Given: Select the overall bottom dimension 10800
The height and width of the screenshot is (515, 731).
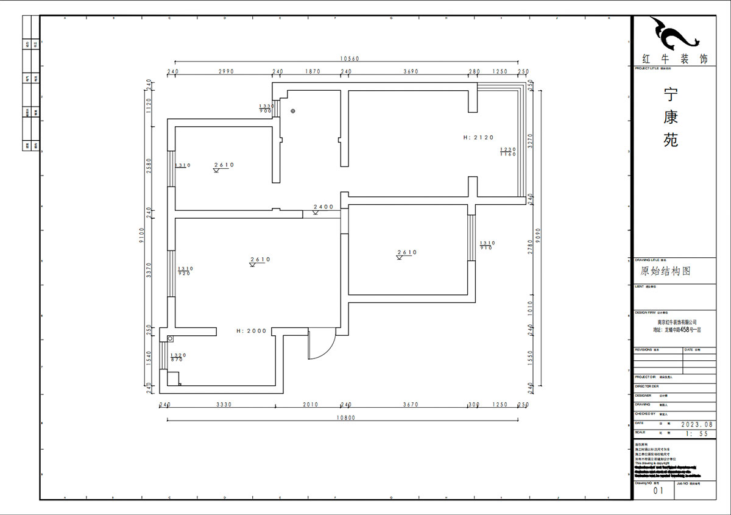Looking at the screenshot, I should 345,417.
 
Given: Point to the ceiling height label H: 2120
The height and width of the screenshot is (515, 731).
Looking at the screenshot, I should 478,138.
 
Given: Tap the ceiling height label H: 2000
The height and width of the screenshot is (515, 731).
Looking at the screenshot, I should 252,331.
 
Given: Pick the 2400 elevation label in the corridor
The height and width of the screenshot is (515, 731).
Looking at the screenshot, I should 323,207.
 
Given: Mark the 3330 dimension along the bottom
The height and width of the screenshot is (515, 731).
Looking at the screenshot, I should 223,404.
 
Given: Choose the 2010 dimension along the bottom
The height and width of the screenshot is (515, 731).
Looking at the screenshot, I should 310,404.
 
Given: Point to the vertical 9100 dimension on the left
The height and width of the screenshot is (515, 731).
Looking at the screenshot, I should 142,235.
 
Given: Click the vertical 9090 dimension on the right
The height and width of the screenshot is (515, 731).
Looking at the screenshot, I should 537,235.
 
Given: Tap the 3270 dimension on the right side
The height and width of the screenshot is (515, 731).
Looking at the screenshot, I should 531,141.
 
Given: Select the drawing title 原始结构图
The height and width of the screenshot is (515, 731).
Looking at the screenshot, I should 665,271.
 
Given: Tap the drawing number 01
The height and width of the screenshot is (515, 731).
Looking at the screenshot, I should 658,490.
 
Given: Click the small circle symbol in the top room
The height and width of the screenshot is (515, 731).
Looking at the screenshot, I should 293,111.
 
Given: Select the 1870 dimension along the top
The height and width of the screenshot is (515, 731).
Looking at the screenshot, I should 312,71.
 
